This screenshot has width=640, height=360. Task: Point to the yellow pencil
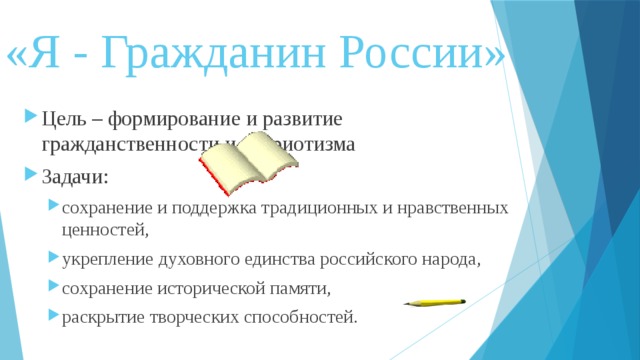pyautogui.click(x=435, y=301)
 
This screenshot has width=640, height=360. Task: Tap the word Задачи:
pyautogui.click(x=76, y=177)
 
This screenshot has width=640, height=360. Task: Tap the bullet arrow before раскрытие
pyautogui.click(x=53, y=317)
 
